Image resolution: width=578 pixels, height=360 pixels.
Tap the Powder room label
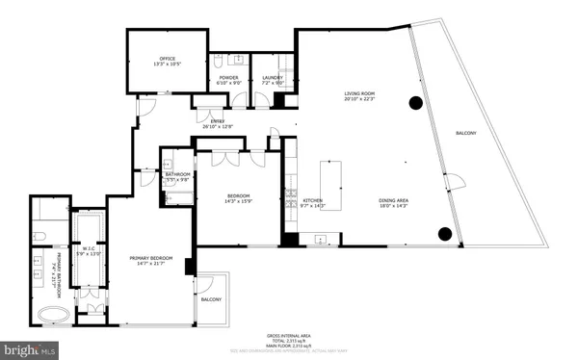click(x=228, y=77)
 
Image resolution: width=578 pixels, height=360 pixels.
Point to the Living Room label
click(x=359, y=93)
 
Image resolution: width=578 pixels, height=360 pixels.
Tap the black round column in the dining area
click(x=445, y=232)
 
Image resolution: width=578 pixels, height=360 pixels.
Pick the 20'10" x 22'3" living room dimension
click(x=359, y=99)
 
